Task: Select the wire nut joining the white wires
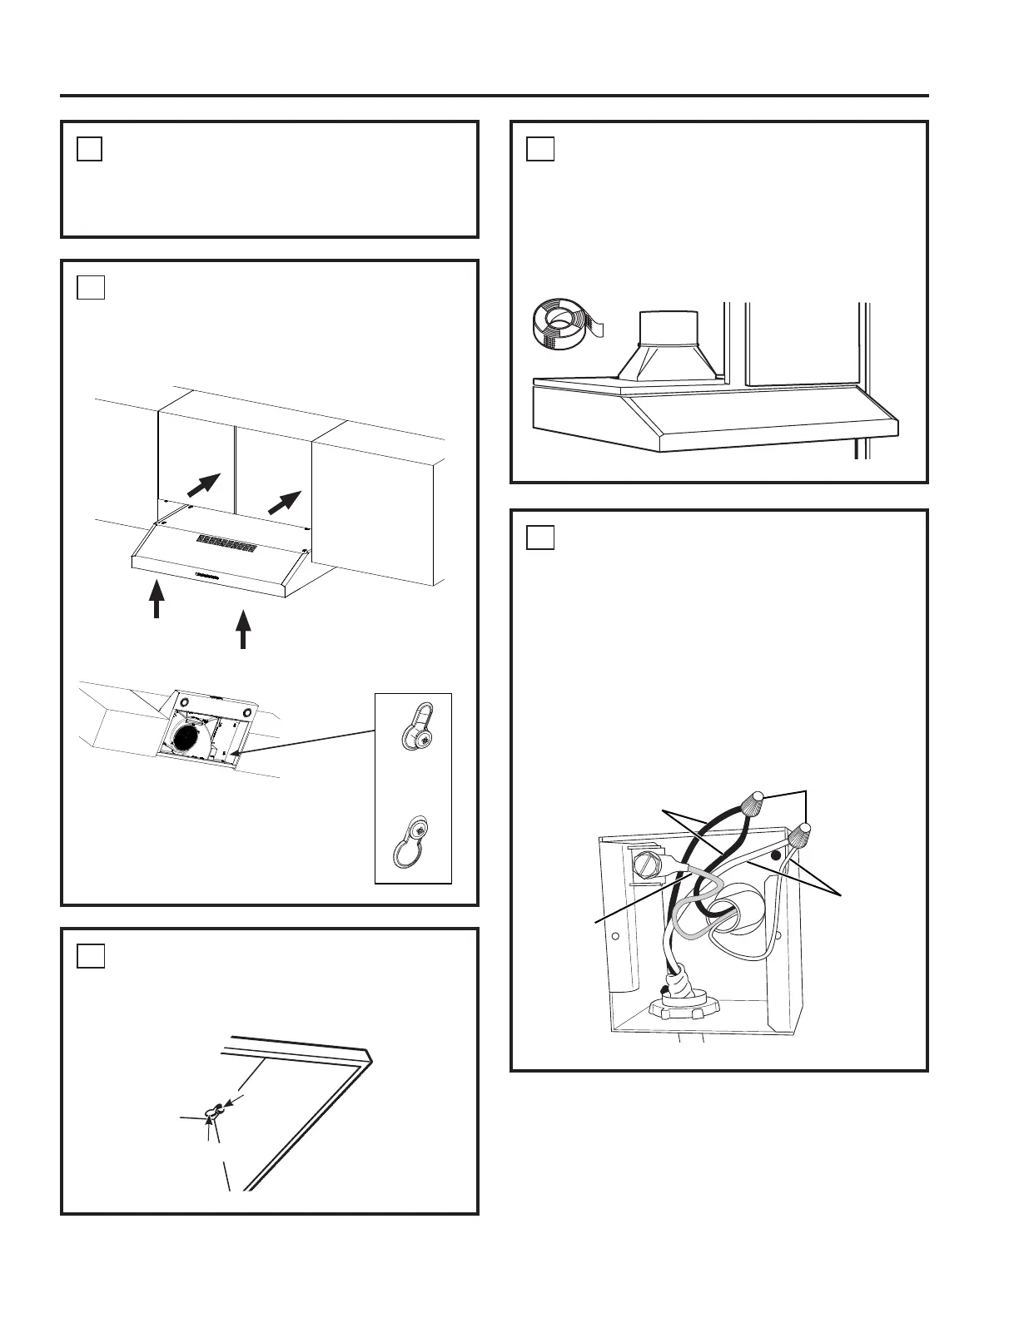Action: (x=802, y=835)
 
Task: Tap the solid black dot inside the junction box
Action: (x=775, y=855)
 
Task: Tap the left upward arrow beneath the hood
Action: (x=157, y=601)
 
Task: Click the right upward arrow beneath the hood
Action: (x=243, y=629)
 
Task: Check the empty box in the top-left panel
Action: (x=90, y=149)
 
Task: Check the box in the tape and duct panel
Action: (x=540, y=149)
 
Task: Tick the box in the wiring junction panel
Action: (x=540, y=538)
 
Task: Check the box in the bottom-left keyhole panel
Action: (x=91, y=956)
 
